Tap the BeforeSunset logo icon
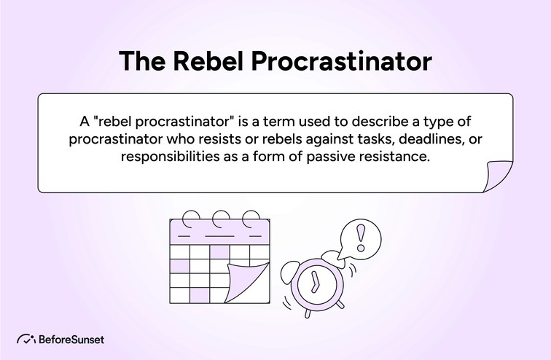[x=27, y=340]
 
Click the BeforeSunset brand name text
[x=72, y=340]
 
